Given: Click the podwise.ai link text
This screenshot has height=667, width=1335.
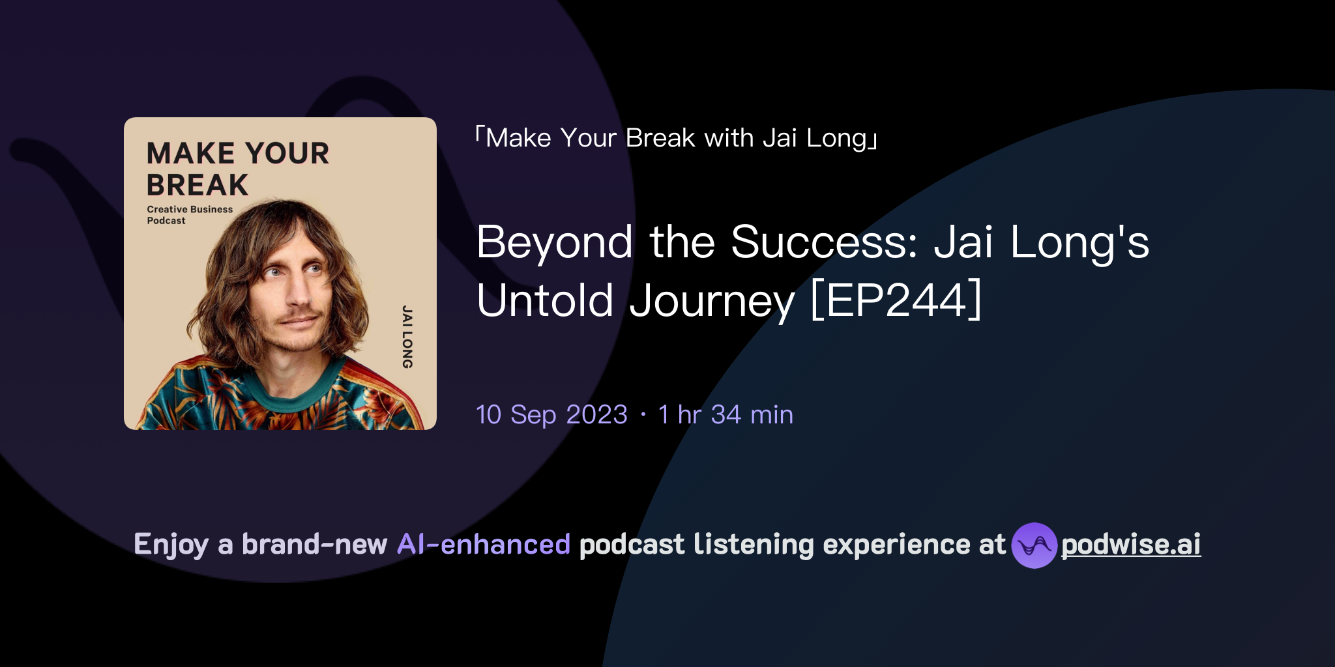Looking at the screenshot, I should pos(1130,545).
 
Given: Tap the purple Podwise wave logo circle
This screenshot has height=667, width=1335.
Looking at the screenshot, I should pos(1034,545).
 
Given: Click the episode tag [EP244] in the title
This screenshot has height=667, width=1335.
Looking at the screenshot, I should pos(896,300).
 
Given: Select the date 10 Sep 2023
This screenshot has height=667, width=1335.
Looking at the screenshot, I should pos(551,415).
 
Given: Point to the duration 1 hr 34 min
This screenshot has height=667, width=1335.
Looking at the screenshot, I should pos(726,415).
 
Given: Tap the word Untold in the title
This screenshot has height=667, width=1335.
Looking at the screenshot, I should pos(545,300).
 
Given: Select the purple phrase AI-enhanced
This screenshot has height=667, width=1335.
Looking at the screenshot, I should pos(484,545).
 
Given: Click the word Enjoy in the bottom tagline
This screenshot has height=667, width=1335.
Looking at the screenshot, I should pos(171,545).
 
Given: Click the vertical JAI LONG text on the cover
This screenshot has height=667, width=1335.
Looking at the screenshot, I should pos(407,337).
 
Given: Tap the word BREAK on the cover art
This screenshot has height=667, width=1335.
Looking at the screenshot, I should pos(198,186).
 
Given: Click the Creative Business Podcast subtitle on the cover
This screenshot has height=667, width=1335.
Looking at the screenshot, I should pos(189,215).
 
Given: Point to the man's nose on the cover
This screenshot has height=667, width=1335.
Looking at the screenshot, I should pos(299,294).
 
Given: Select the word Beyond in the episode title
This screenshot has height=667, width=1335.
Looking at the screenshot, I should pos(554,242).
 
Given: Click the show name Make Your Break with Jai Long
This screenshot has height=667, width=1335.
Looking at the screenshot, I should pos(676,138).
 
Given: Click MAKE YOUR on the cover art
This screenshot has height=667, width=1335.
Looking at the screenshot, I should pos(238,154).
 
